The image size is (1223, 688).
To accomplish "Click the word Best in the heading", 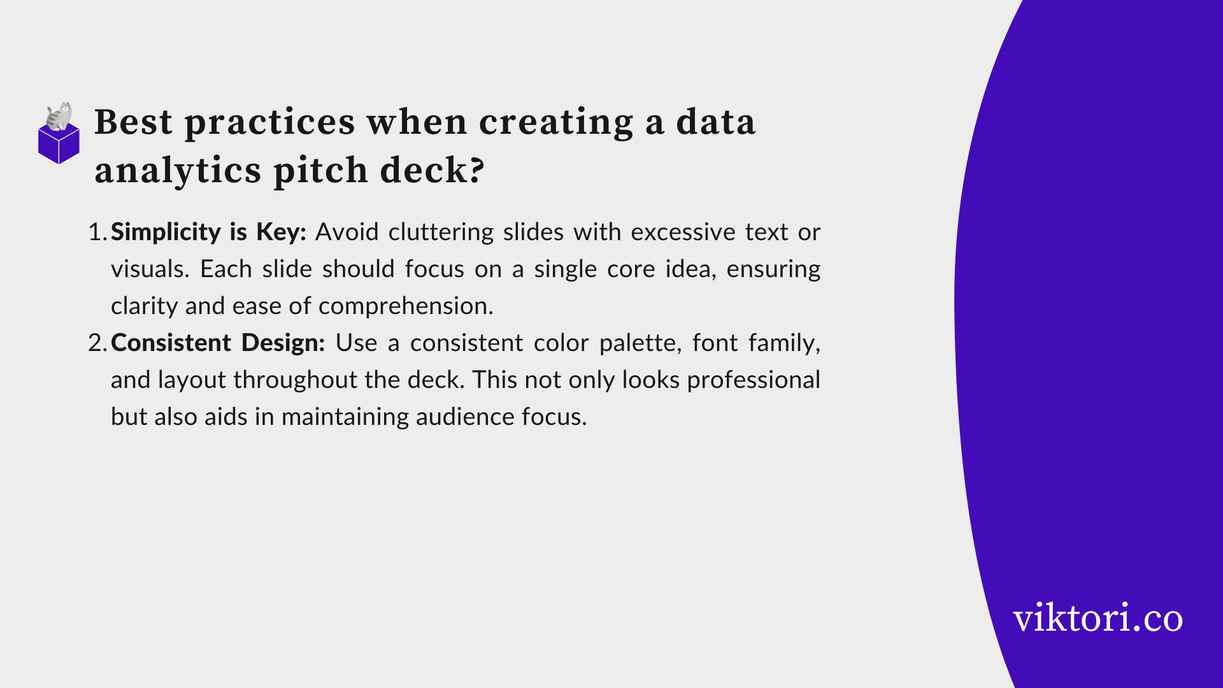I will tap(133, 122).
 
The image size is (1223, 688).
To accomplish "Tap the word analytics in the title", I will tap(177, 171).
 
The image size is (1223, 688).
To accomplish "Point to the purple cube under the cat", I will tap(59, 145).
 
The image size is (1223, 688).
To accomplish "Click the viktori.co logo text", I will tap(1097, 618).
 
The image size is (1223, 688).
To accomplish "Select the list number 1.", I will tap(97, 232).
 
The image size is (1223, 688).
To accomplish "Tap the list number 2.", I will tap(97, 343).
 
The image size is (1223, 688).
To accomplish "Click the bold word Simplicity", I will tap(166, 232).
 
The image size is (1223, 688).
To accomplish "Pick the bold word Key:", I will tap(281, 232).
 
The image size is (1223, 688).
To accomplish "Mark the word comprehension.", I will tap(406, 306).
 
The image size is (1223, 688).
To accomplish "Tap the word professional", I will tap(754, 380).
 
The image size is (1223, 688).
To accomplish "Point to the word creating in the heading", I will tap(556, 122).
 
